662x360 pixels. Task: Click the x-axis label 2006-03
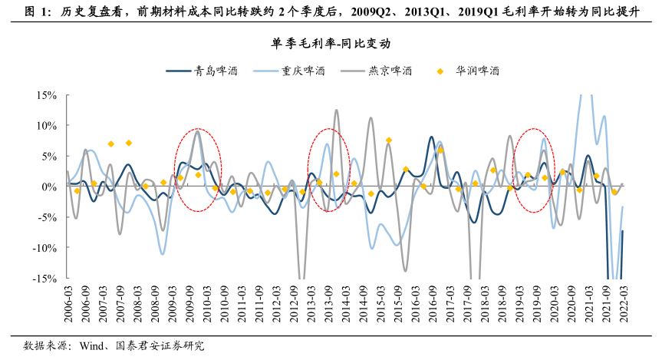pyautogui.click(x=68, y=302)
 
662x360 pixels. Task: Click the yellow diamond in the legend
pyautogui.click(x=441, y=71)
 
